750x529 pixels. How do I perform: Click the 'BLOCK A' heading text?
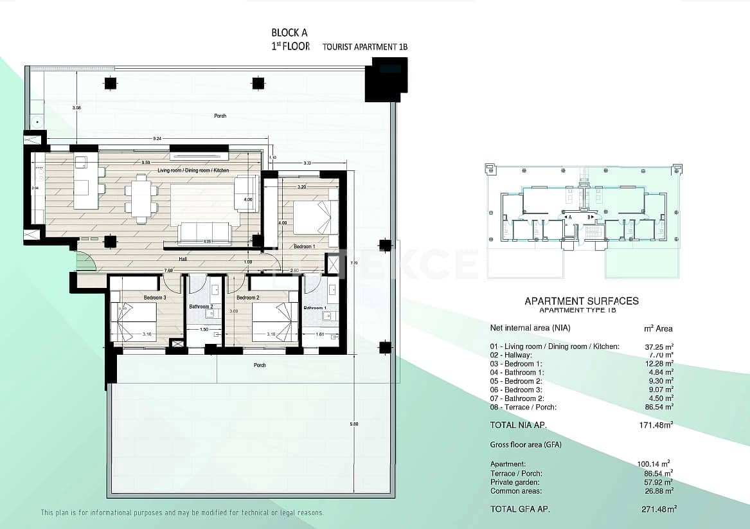pos(289,33)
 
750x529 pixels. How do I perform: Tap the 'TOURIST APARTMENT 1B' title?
pos(364,47)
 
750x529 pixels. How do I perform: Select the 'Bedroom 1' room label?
pos(304,246)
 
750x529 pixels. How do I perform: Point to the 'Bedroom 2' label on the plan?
pos(247,298)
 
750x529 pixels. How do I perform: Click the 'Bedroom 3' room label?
pos(155,298)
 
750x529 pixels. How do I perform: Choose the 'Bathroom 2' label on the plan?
pos(201,307)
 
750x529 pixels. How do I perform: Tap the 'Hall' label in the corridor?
pos(183,259)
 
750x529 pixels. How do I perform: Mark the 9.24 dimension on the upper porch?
pos(157,138)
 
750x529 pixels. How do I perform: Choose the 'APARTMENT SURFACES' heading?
pos(582,300)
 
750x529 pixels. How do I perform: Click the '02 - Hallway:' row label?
pos(511,355)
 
